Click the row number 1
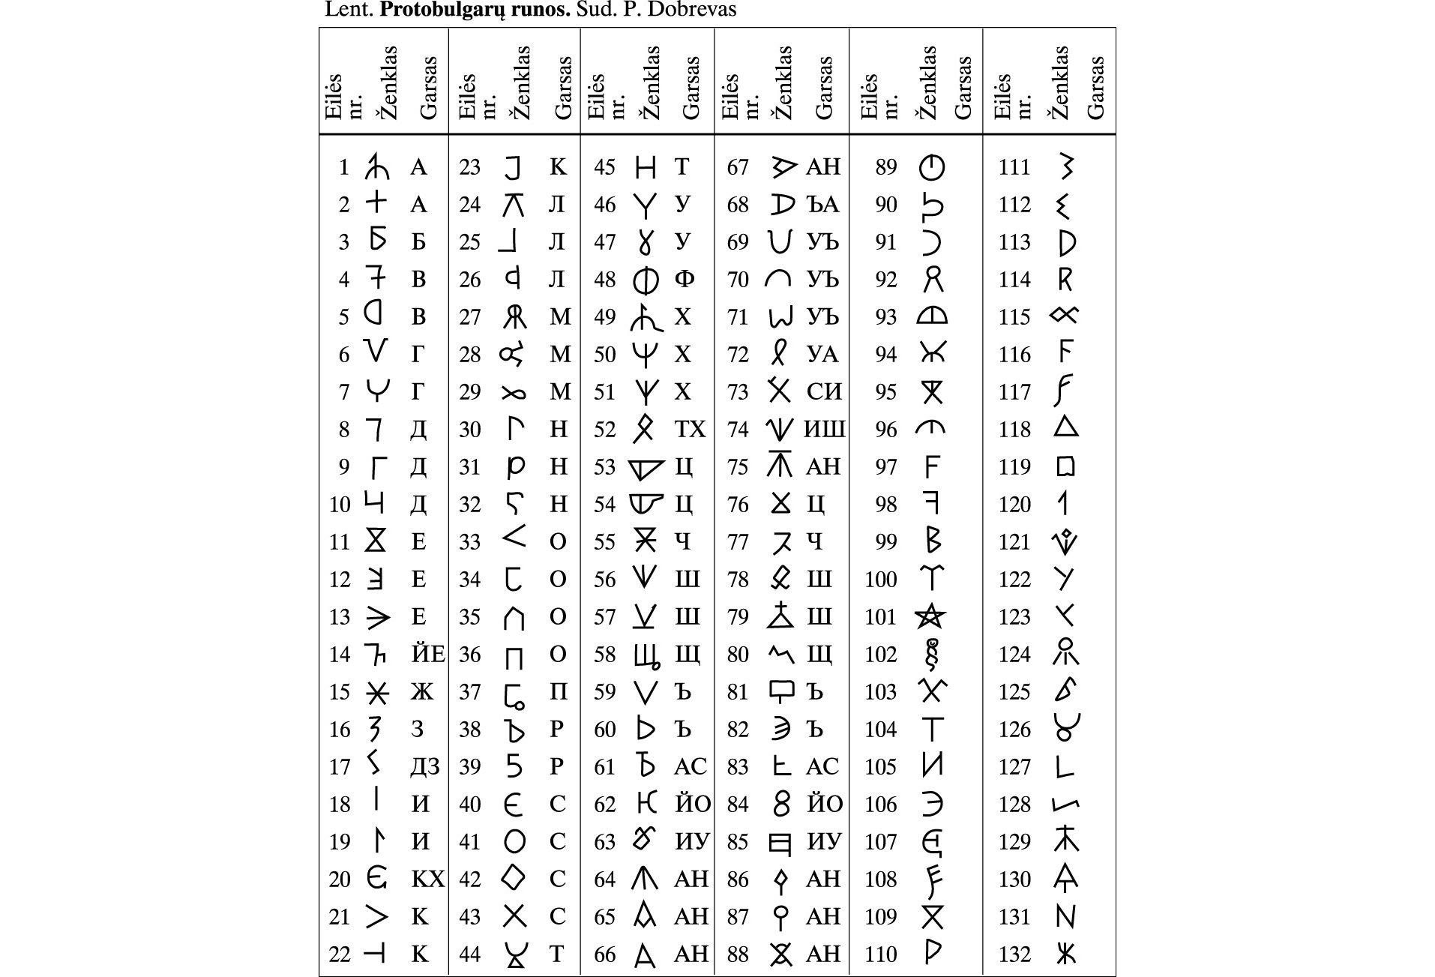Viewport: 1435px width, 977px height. pyautogui.click(x=343, y=167)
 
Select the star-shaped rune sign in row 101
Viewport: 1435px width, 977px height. pyautogui.click(x=930, y=616)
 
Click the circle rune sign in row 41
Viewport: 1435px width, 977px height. pyautogui.click(x=514, y=841)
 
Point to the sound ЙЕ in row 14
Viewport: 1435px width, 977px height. pyautogui.click(x=428, y=655)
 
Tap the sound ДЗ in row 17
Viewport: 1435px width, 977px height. pyautogui.click(x=424, y=767)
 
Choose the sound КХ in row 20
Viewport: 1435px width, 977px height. pyautogui.click(x=427, y=879)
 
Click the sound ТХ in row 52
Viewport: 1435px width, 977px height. pyautogui.click(x=690, y=430)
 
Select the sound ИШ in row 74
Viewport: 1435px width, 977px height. pyautogui.click(x=824, y=430)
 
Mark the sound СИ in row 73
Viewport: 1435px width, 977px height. pyautogui.click(x=824, y=392)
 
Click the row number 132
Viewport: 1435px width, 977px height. pyautogui.click(x=1014, y=955)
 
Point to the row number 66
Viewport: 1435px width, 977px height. pyautogui.click(x=604, y=955)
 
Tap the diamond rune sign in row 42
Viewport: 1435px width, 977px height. pyautogui.click(x=514, y=877)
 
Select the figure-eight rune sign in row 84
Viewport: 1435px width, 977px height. pyautogui.click(x=781, y=804)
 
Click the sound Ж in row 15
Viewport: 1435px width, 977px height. pyautogui.click(x=422, y=692)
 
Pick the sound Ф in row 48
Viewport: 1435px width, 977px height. pyautogui.click(x=684, y=280)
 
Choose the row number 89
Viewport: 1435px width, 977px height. pyautogui.click(x=886, y=167)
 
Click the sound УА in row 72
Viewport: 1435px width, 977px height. pyautogui.click(x=822, y=355)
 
